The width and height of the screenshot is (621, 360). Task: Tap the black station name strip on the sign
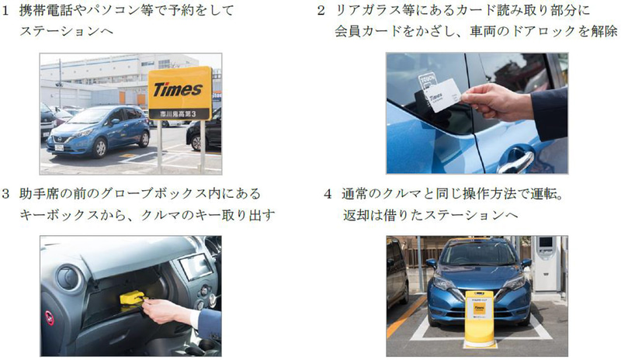coord(179,113)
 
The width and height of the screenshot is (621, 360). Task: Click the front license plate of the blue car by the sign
coord(60,145)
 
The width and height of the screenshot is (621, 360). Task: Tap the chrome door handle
coord(515,162)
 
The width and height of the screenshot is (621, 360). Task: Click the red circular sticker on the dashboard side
coord(49,317)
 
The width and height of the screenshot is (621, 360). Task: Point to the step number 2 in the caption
coord(321,12)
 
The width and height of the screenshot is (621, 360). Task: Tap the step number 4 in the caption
coord(328,192)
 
